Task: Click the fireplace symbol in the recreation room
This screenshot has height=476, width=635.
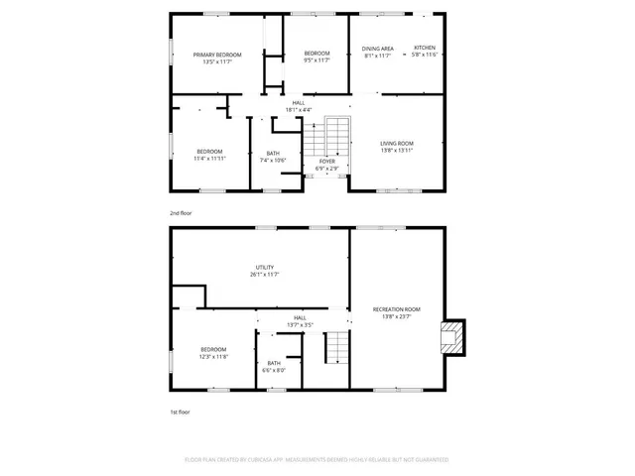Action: (452, 337)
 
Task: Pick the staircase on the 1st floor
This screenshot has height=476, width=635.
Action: (339, 347)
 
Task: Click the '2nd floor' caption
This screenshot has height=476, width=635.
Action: (180, 213)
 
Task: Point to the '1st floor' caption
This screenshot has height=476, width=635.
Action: (180, 411)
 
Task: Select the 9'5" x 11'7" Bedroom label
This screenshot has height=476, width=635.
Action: (317, 57)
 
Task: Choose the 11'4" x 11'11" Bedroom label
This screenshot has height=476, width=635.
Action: (208, 155)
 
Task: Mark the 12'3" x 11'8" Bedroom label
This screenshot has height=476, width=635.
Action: (214, 352)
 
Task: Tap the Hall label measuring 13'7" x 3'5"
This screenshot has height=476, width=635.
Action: (300, 320)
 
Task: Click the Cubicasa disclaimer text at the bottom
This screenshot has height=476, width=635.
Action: (317, 460)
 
